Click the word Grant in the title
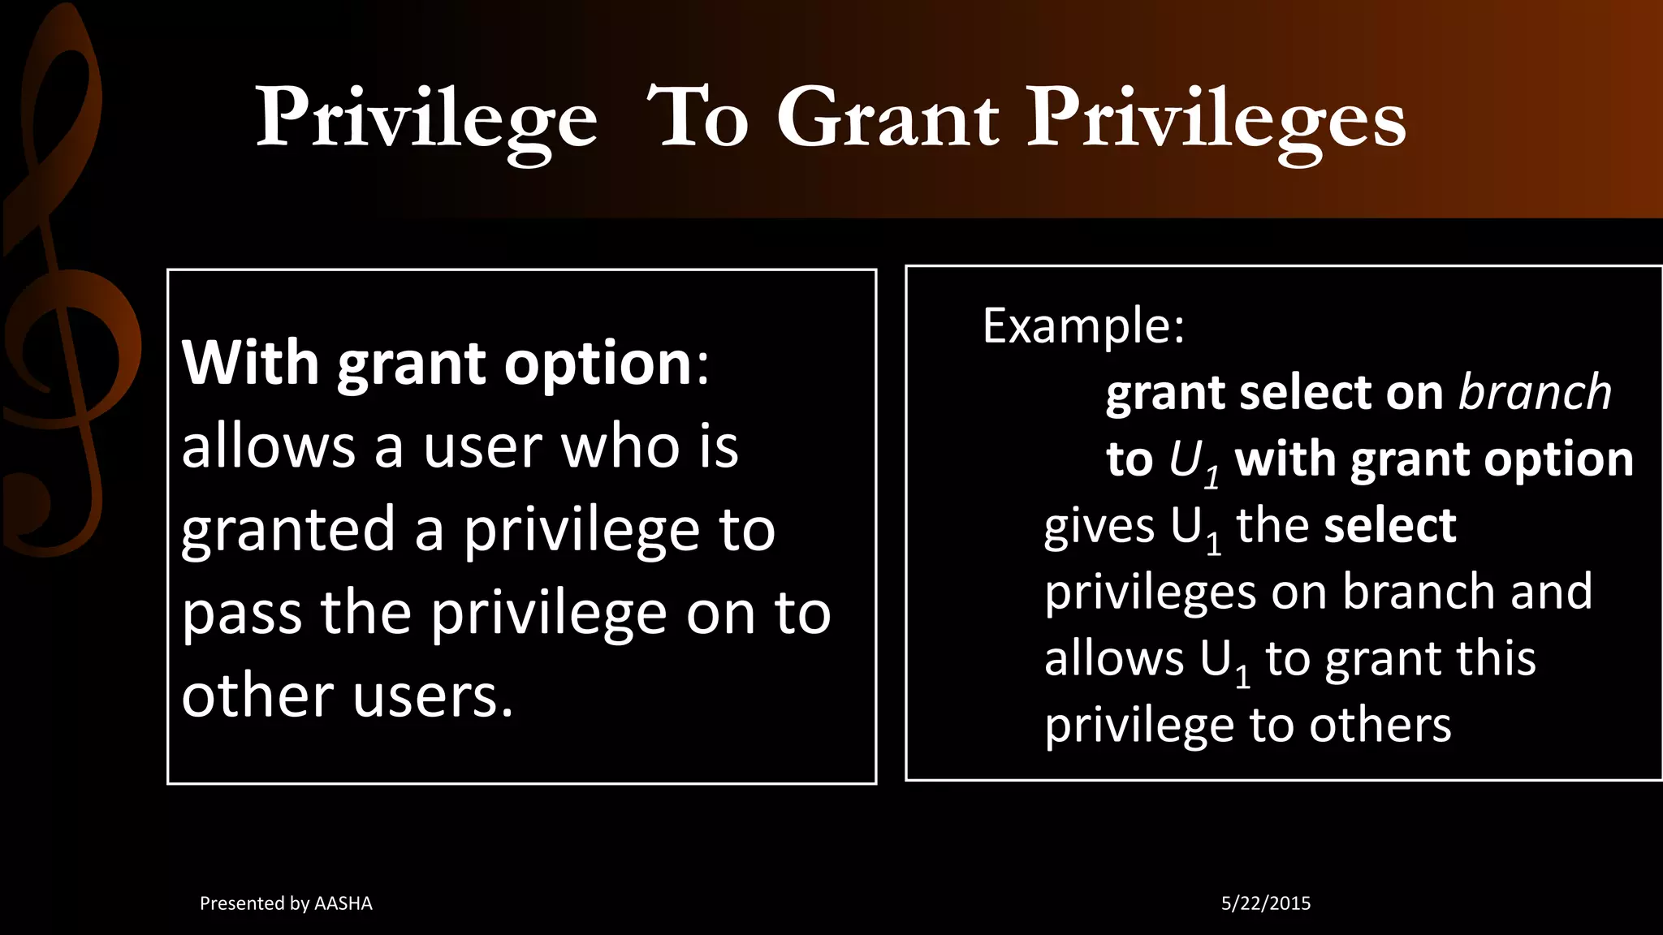click(x=887, y=119)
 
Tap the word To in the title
click(x=697, y=119)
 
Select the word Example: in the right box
click(x=1083, y=326)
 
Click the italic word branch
click(x=1534, y=393)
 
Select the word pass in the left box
click(x=242, y=615)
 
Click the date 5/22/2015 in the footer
click(x=1265, y=903)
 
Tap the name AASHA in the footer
click(x=343, y=903)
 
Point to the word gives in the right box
click(x=1098, y=528)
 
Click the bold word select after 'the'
click(x=1389, y=526)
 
